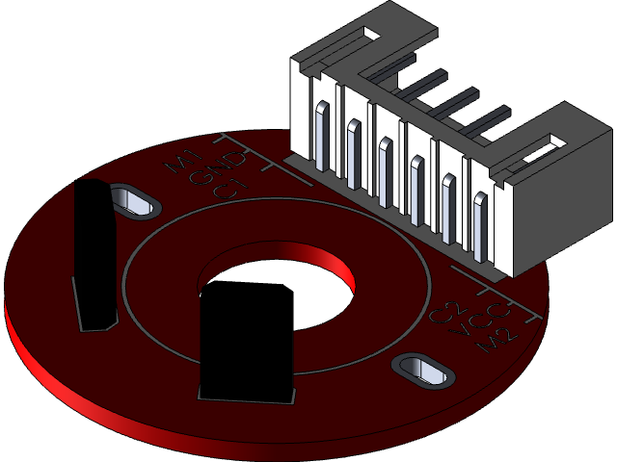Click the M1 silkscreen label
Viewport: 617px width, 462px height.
[184, 162]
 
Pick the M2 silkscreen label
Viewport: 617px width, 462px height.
[502, 338]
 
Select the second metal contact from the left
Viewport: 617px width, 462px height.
[354, 147]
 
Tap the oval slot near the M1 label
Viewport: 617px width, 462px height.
[134, 201]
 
